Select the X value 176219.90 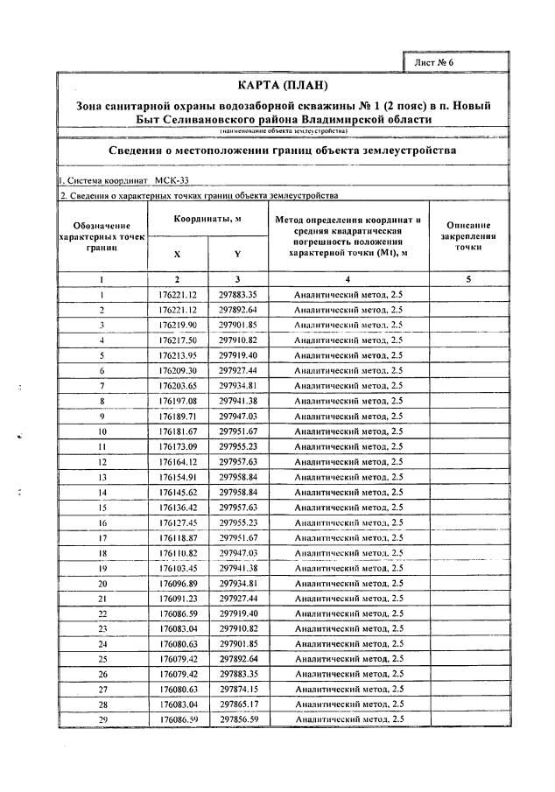178,325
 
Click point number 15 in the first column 102,507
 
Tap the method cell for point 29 348,718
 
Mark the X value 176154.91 178,477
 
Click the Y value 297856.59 238,718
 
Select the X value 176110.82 178,553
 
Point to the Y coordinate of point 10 238,431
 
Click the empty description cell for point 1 468,295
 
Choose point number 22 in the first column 102,613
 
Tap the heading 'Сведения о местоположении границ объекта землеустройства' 283,151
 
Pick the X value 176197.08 178,401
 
